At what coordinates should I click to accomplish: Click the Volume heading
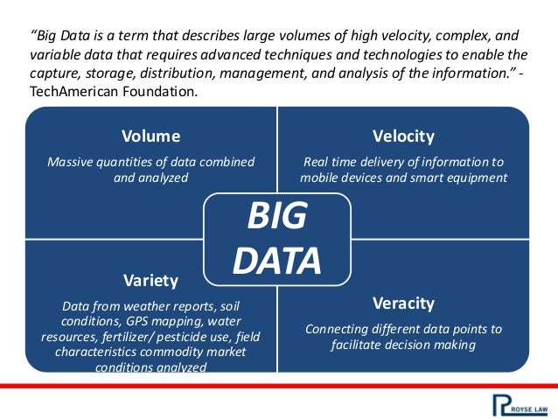click(x=150, y=136)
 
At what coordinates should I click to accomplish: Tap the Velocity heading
click(x=403, y=136)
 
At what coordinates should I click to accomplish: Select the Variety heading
click(x=150, y=281)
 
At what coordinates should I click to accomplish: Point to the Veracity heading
click(x=403, y=304)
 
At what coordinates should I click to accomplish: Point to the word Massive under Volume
click(x=72, y=162)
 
